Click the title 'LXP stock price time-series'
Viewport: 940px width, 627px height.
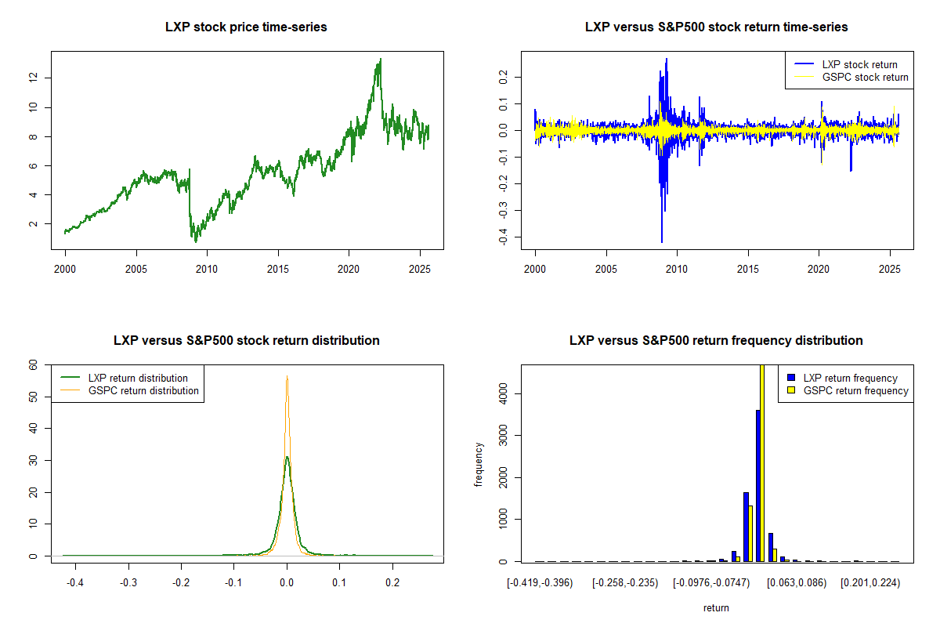coord(246,27)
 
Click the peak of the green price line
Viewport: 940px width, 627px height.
coord(381,59)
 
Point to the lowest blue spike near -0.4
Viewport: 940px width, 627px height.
coord(662,242)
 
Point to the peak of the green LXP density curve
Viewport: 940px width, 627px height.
coord(287,457)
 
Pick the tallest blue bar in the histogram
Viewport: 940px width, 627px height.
coord(757,485)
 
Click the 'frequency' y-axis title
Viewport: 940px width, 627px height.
coord(479,464)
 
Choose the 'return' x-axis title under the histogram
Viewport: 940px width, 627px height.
coord(716,607)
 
